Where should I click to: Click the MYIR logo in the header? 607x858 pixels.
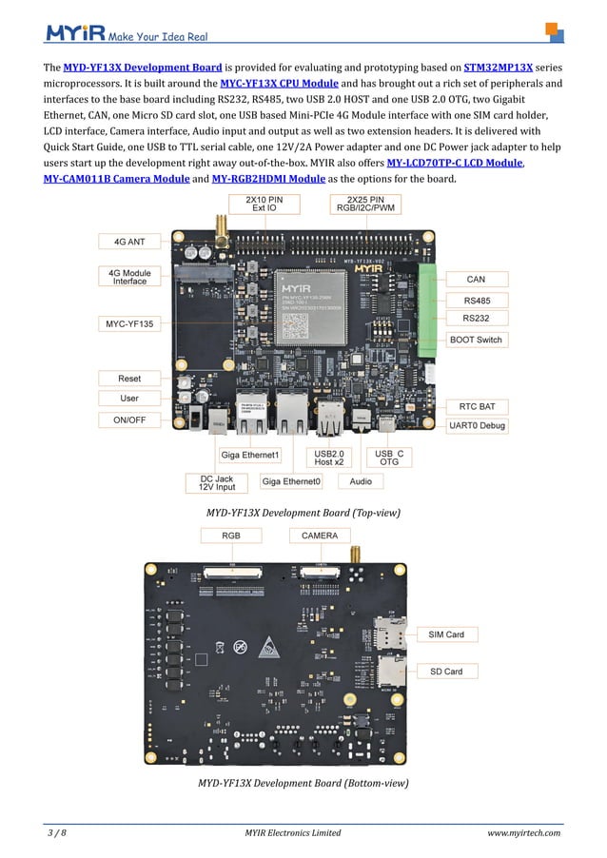[x=75, y=34]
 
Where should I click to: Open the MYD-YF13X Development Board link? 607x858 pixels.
[x=143, y=68]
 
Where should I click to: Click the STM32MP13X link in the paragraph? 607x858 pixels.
[x=498, y=68]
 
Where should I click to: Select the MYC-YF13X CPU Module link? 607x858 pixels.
[x=279, y=84]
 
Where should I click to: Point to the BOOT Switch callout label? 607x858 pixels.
[x=477, y=340]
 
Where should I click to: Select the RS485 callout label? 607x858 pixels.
[x=477, y=300]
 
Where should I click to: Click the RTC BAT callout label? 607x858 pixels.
[x=477, y=406]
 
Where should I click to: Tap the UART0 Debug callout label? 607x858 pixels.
[x=477, y=425]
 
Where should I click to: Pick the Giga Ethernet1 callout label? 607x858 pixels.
[x=250, y=455]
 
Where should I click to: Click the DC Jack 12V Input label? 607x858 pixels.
[x=216, y=483]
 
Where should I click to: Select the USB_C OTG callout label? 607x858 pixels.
[x=389, y=458]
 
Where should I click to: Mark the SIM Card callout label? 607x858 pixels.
[x=446, y=634]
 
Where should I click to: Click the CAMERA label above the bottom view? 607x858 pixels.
[x=319, y=536]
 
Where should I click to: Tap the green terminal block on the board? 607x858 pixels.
[x=427, y=309]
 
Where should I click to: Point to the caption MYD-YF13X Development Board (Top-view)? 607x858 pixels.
[x=303, y=513]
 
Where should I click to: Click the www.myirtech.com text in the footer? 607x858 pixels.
[x=523, y=833]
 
